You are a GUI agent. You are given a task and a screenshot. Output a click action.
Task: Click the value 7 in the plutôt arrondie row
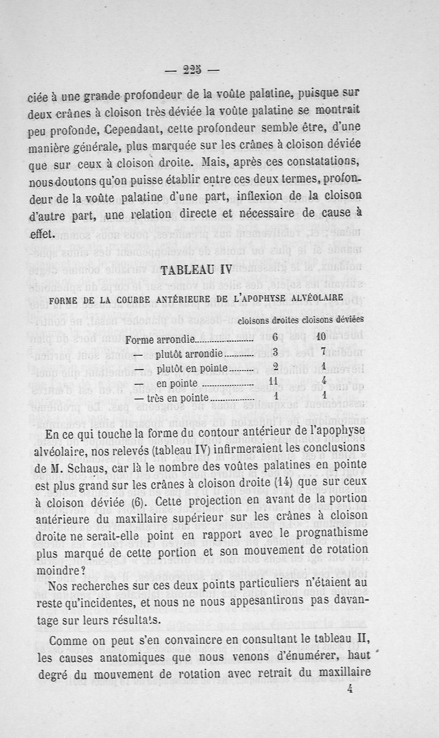[324, 352]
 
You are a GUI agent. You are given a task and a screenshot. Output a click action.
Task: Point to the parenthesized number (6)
[133, 503]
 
